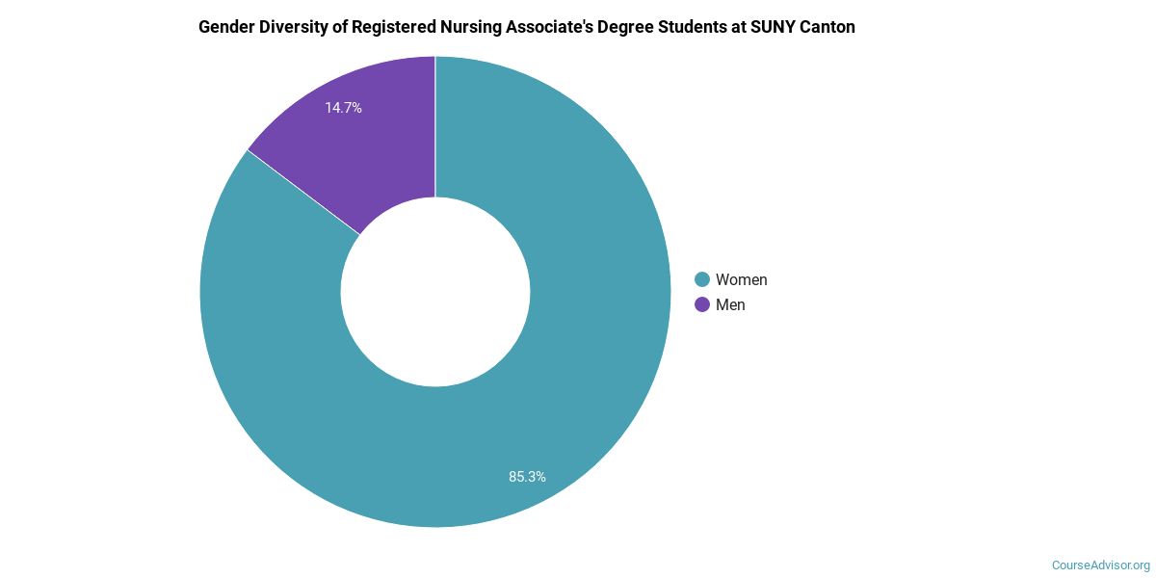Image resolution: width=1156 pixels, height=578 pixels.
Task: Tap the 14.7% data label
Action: [x=343, y=108]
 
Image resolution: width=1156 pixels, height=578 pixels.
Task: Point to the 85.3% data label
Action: [x=527, y=476]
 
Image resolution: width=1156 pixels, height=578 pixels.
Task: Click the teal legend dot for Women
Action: [x=702, y=279]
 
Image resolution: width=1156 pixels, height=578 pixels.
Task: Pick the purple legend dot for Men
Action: [x=702, y=304]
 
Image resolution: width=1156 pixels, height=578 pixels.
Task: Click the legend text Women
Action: [x=741, y=279]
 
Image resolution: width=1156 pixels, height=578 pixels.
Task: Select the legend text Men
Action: [x=730, y=304]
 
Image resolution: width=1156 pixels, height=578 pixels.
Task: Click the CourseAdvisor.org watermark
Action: [x=1100, y=565]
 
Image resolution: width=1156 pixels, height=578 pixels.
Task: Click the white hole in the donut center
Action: [x=435, y=292]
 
